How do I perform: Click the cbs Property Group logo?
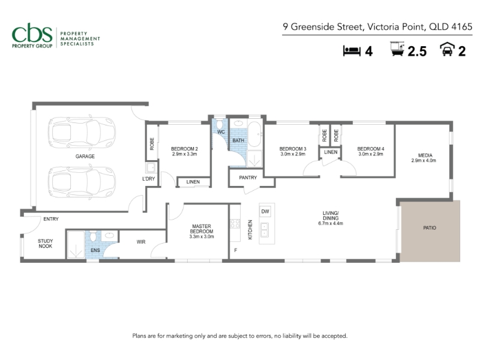point(56,35)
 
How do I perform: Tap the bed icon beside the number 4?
point(352,50)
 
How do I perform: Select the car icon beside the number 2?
point(447,49)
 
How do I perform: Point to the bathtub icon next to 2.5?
point(398,49)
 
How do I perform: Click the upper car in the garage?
point(82,133)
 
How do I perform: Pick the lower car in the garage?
point(82,182)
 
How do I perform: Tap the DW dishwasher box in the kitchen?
point(265,211)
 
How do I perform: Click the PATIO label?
point(430,228)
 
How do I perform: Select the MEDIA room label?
point(425,155)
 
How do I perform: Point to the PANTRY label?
point(248,178)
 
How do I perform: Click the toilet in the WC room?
point(220,125)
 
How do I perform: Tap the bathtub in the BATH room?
point(254,134)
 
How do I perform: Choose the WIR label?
point(141,242)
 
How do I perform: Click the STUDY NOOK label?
point(46,244)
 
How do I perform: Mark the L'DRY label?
point(148,179)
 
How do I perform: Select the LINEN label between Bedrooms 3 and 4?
point(331,152)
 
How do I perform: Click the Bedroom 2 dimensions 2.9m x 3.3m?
point(185,154)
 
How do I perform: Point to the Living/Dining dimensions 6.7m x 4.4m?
point(331,223)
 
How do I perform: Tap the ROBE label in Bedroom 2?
point(152,144)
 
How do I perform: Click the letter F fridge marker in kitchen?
point(236,250)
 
